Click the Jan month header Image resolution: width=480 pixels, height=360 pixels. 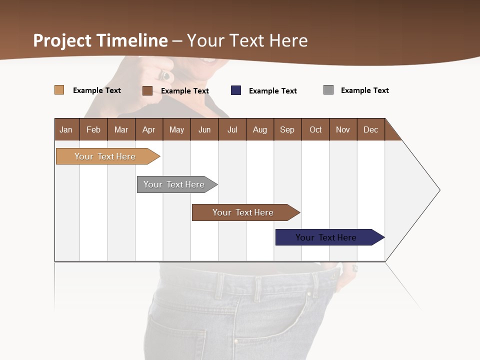(66, 129)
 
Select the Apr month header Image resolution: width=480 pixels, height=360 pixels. (149, 129)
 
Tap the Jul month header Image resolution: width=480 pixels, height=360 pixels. (232, 129)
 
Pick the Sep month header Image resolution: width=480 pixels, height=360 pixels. (287, 129)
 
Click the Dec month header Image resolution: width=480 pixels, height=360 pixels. (370, 129)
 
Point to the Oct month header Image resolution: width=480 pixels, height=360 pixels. (315, 129)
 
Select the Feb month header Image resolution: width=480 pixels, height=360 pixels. (93, 129)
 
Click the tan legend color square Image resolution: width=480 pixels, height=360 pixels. (59, 90)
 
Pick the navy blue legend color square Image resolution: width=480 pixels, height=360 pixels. (236, 90)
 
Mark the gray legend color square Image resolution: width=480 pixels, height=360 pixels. (328, 90)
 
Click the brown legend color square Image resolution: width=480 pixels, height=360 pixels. (147, 90)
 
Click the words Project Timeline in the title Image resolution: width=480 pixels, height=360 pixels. (100, 40)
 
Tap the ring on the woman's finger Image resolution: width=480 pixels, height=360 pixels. (165, 75)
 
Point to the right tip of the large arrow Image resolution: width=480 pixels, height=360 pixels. (439, 189)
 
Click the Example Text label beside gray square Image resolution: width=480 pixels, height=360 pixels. (364, 90)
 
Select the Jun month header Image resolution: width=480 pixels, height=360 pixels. (204, 129)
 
